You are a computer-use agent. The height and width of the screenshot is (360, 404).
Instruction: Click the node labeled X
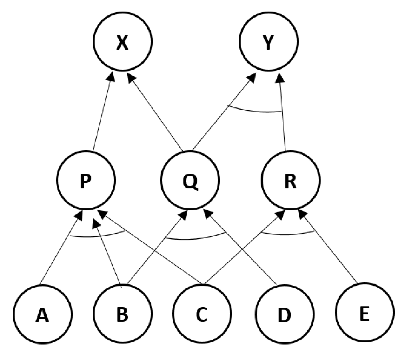point(122,41)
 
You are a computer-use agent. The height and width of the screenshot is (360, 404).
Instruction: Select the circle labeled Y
point(269,41)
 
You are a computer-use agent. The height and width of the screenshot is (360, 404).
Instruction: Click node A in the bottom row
point(43,314)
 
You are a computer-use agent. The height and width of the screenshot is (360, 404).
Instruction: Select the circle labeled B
point(122,314)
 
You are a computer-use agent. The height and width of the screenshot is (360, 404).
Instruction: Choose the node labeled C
point(202,314)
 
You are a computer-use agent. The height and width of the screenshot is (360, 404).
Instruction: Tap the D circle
point(284,314)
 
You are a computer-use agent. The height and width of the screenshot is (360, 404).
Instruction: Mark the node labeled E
point(364,312)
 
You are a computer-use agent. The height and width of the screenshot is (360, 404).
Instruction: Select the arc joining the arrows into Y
point(254,110)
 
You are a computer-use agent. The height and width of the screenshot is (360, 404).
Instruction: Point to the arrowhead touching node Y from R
point(279,78)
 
